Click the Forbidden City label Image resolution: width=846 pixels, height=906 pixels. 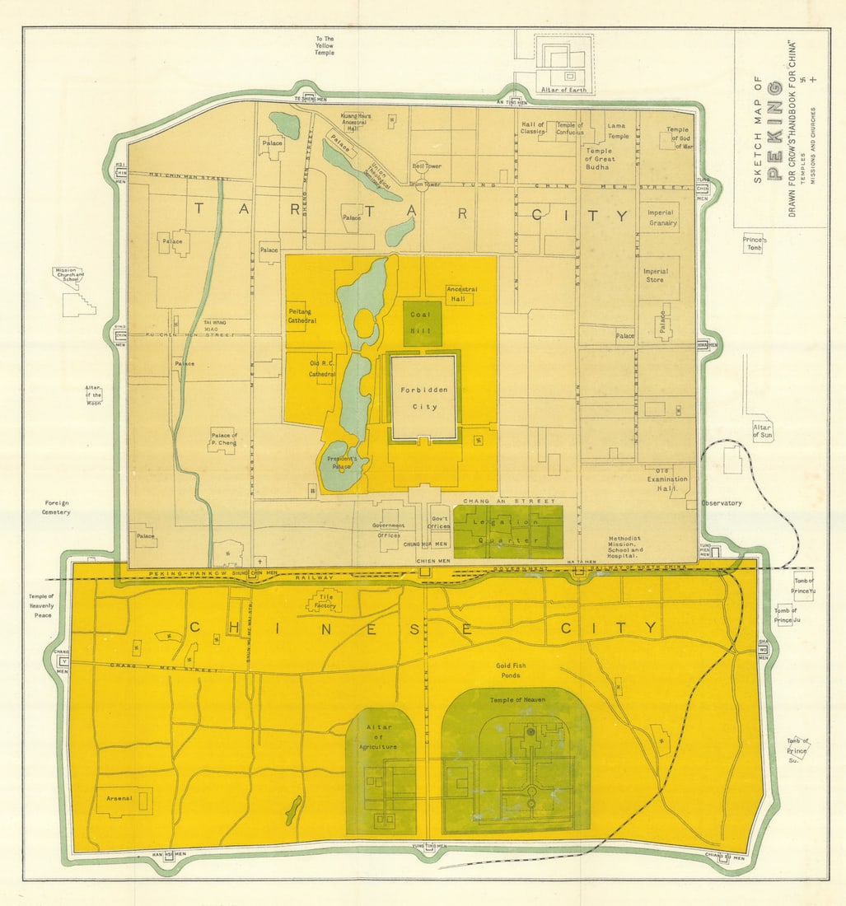click(423, 398)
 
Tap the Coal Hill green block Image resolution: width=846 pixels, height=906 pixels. click(422, 323)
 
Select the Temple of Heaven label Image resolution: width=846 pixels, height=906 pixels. click(517, 700)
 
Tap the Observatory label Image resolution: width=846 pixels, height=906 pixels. click(721, 503)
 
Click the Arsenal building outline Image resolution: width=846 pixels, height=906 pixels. click(124, 799)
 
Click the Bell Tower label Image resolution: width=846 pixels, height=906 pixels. click(427, 166)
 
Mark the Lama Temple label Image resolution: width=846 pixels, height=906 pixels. click(617, 131)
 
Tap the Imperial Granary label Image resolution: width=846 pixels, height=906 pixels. click(661, 218)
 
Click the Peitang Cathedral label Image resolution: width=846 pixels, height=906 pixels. click(302, 316)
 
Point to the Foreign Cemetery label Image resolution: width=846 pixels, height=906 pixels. click(58, 507)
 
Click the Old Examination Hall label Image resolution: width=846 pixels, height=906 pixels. click(661, 479)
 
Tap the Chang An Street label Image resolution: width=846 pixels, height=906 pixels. click(498, 501)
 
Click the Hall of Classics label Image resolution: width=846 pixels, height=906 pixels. click(533, 128)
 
